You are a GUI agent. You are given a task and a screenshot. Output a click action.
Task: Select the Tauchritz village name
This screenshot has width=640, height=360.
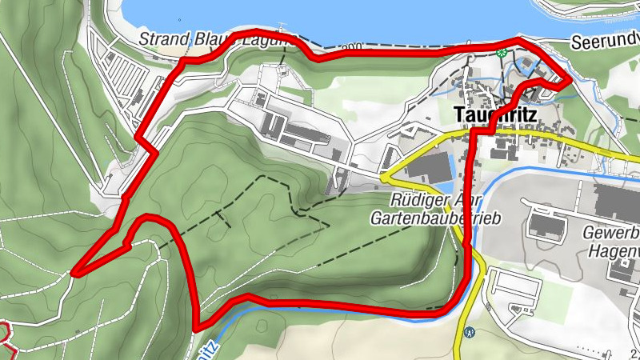pyautogui.click(x=496, y=114)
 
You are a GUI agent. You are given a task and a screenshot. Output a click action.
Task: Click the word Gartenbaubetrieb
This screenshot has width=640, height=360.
pyautogui.click(x=436, y=218)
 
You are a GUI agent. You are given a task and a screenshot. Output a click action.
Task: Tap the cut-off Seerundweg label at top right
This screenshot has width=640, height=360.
pyautogui.click(x=605, y=42)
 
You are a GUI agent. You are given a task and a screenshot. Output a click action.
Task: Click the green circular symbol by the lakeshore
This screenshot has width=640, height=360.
pyautogui.click(x=502, y=54)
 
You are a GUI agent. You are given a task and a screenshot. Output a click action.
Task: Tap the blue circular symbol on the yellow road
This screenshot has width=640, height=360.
pyautogui.click(x=469, y=332)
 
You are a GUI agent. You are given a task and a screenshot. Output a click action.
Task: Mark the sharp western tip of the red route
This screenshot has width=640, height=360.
pyautogui.click(x=74, y=274)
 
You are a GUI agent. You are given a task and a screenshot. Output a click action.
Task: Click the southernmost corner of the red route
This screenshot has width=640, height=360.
pyautogui.click(x=198, y=326)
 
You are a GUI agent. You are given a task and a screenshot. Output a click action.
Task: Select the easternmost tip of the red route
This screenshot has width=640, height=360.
pyautogui.click(x=569, y=80)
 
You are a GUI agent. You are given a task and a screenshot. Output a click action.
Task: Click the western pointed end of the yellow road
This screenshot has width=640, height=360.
pyautogui.click(x=382, y=174)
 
